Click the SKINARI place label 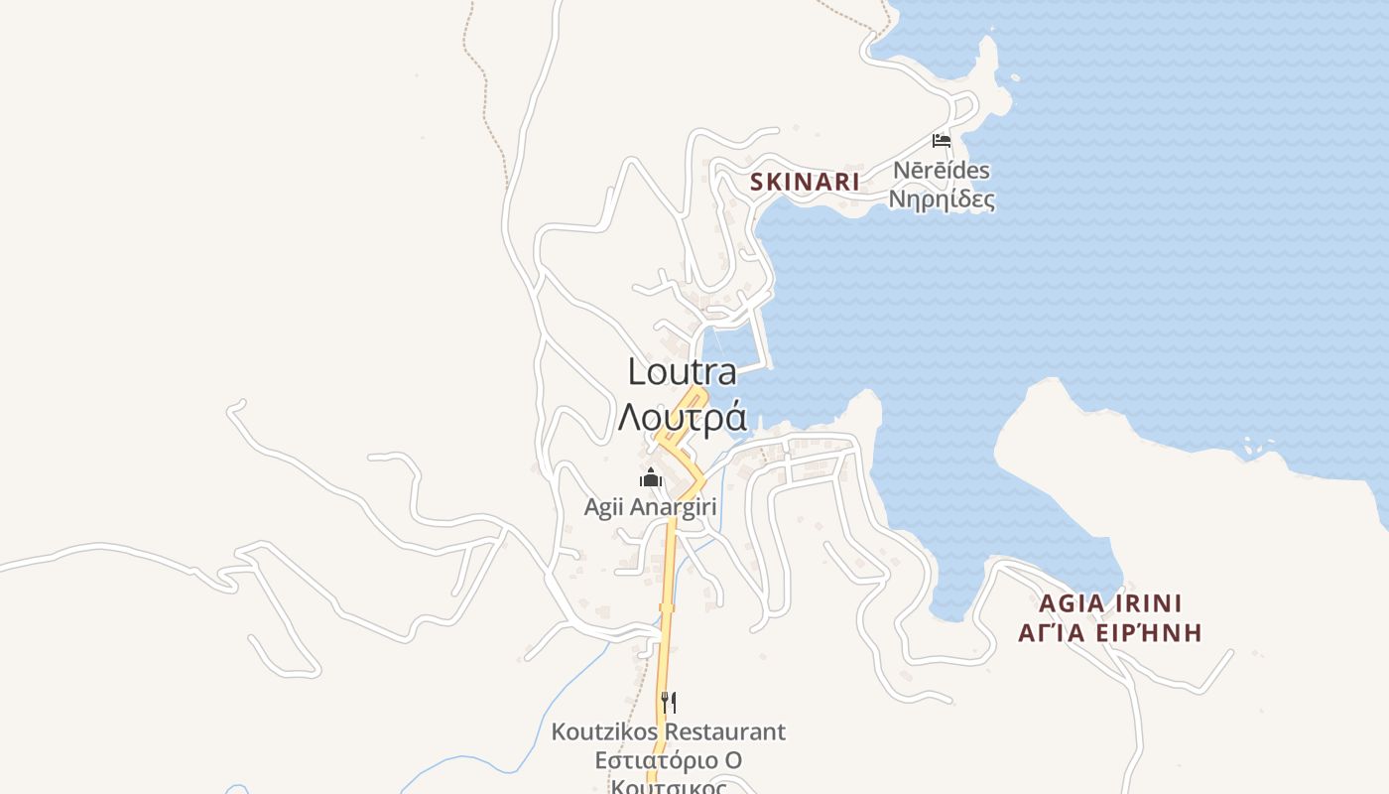click(805, 182)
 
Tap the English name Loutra click(683, 372)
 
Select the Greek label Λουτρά click(683, 417)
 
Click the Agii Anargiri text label click(650, 507)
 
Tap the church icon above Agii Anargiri click(651, 478)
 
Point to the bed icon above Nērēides click(942, 141)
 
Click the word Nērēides click(941, 171)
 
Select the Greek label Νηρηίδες click(941, 199)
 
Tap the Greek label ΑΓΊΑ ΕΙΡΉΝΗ click(1110, 633)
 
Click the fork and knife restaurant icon click(669, 703)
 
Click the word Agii click(603, 507)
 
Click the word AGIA click(1068, 603)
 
